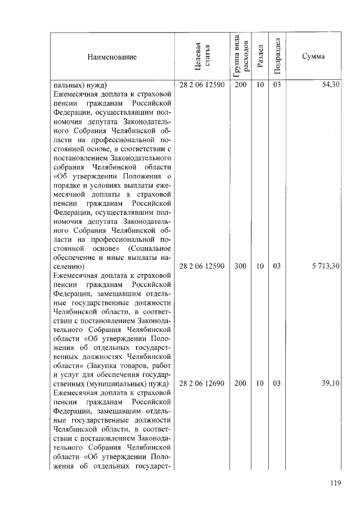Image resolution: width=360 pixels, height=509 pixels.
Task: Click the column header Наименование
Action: [111, 57]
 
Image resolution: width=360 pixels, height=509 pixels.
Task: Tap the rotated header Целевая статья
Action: [201, 57]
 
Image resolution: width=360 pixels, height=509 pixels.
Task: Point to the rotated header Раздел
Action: [259, 57]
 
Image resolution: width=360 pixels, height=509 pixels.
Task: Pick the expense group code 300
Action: [240, 267]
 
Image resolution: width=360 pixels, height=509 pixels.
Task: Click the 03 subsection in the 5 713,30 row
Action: [277, 267]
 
